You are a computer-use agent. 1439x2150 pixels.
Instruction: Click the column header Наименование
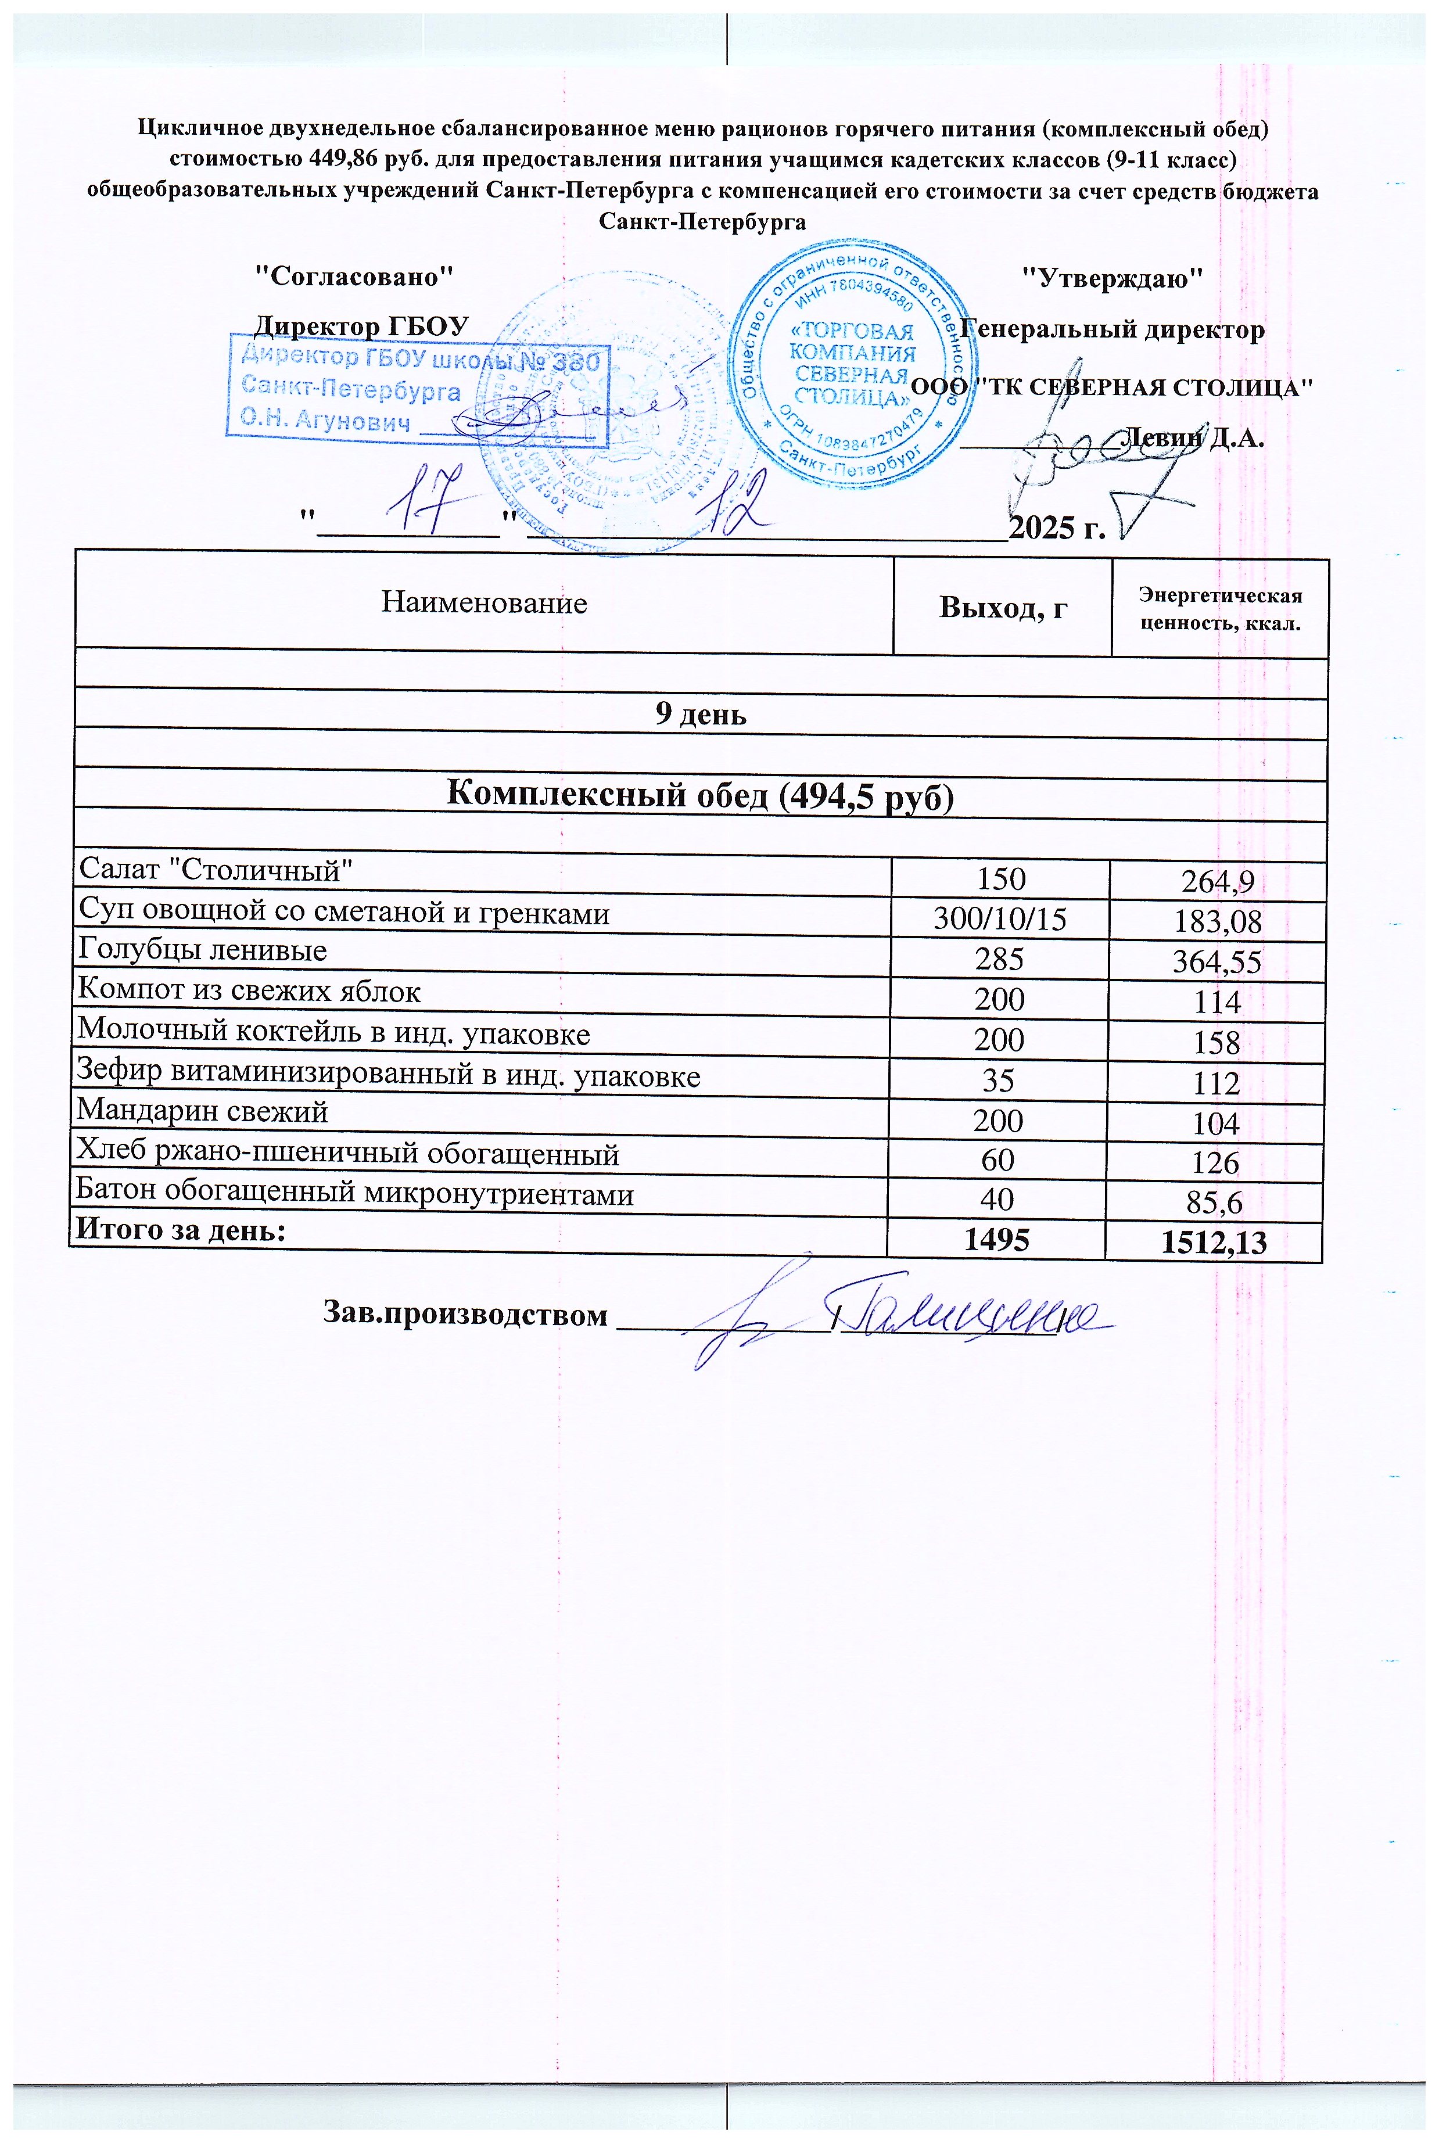point(484,603)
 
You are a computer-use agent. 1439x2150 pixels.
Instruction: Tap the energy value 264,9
point(1217,883)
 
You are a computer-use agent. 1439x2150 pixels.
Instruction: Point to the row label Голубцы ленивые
point(202,950)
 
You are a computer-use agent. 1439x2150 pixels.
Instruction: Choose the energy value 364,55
point(1217,961)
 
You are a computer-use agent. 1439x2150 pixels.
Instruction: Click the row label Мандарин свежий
point(202,1111)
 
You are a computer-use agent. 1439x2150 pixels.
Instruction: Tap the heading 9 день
point(700,715)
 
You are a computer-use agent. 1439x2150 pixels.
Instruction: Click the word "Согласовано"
point(353,275)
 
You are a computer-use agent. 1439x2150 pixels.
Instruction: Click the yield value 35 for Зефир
point(997,1080)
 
